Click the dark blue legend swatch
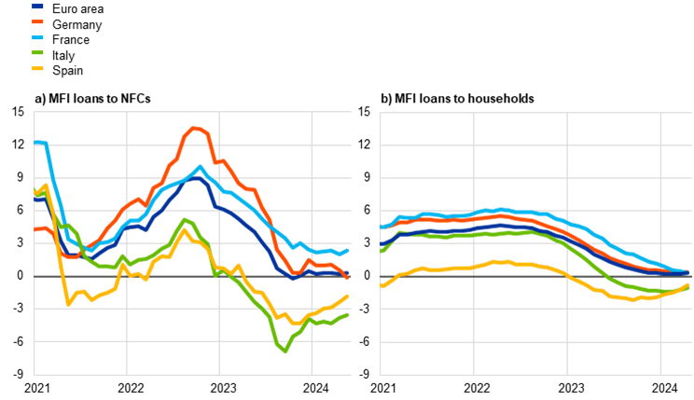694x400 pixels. (37, 6)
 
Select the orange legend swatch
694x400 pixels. (37, 21)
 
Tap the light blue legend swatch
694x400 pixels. (37, 36)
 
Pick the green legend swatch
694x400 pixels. (37, 52)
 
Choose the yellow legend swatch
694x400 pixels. (37, 68)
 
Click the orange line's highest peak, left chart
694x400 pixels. (195, 128)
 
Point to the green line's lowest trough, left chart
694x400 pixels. (285, 352)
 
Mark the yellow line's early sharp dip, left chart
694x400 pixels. (68, 304)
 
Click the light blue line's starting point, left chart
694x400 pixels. (35, 143)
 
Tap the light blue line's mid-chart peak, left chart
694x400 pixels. (200, 167)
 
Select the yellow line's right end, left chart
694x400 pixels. (348, 296)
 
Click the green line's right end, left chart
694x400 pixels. (348, 314)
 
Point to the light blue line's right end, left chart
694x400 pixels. (348, 250)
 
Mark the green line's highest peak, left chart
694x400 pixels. (185, 219)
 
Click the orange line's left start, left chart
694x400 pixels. (35, 229)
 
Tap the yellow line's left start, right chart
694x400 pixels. (382, 285)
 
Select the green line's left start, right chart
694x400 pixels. (382, 251)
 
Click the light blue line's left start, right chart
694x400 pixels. (382, 227)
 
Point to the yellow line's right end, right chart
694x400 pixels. (688, 284)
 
